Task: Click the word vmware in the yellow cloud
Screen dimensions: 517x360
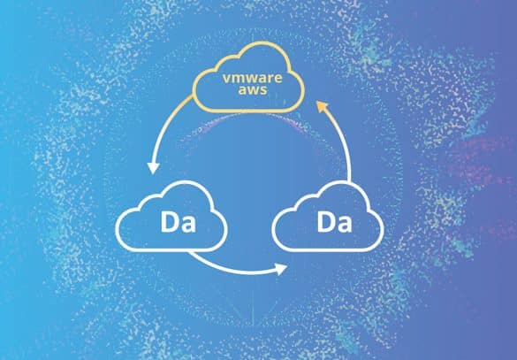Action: [252, 78]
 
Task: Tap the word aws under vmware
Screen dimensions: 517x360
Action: [253, 89]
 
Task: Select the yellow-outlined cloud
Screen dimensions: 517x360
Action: [248, 77]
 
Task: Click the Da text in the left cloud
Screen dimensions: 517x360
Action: [178, 222]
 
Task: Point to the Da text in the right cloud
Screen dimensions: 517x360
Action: [334, 222]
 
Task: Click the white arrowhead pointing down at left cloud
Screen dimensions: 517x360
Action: [153, 168]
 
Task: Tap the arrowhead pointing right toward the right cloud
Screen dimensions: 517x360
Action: [281, 269]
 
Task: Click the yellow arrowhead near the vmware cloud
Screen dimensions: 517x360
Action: [322, 106]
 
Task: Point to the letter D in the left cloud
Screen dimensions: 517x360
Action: [169, 222]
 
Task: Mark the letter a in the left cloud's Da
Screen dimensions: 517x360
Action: [188, 225]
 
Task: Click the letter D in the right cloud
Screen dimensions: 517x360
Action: [325, 222]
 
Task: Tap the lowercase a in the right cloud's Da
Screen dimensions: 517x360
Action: [345, 225]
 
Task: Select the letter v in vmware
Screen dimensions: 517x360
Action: [226, 79]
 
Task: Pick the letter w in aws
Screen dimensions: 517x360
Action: [253, 90]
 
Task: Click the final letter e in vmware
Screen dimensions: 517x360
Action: [278, 79]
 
